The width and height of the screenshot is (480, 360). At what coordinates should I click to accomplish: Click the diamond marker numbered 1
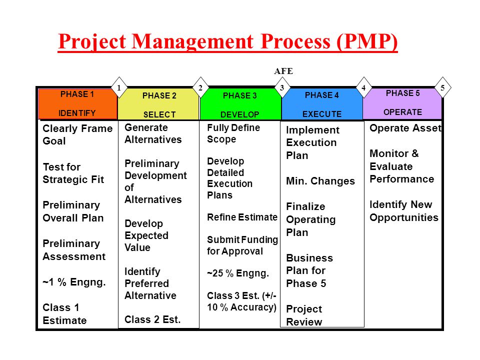point(119,87)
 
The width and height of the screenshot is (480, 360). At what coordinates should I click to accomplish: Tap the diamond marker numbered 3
point(282,87)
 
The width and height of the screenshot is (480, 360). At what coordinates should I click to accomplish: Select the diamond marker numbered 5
point(442,87)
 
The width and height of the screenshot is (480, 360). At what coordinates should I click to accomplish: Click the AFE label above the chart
point(283,71)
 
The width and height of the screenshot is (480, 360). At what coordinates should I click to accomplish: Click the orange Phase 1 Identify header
point(78,104)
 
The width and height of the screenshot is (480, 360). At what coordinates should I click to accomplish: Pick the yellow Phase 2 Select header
point(159,104)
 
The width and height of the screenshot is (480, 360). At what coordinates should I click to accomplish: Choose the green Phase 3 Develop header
point(240,104)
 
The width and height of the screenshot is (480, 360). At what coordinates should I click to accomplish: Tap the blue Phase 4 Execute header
point(321,104)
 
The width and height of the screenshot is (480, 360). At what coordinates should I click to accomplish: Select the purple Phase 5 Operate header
point(402,103)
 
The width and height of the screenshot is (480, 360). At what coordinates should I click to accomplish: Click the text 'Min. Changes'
point(320,181)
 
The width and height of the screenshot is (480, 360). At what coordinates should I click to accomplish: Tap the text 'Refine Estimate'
point(242,217)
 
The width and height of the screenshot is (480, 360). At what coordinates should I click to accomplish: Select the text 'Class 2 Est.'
point(152,319)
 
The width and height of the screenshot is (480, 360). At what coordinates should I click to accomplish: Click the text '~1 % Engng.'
point(74,282)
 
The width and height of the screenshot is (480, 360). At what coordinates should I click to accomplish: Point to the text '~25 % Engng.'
point(238,273)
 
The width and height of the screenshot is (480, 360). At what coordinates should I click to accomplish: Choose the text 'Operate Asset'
point(405,128)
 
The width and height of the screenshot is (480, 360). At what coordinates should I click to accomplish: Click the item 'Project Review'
point(304,315)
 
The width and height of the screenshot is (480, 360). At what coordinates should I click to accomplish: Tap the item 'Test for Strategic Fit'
point(73,173)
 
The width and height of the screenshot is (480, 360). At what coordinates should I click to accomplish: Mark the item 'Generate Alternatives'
point(153,133)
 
